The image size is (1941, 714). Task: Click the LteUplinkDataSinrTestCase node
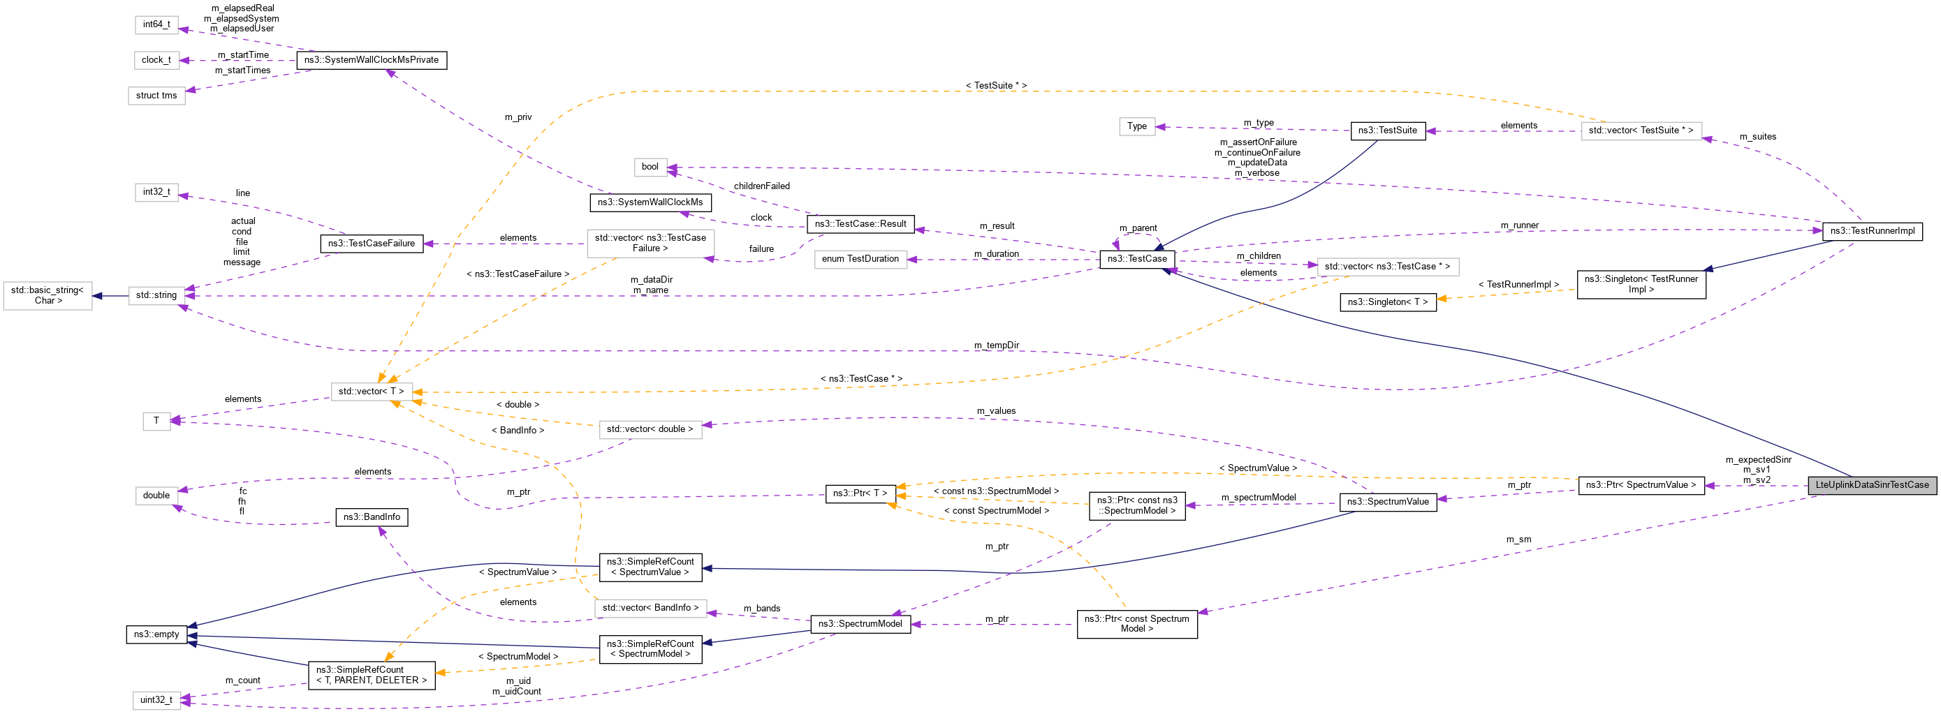[x=1872, y=485]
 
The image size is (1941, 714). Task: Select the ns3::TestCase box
[x=1136, y=259]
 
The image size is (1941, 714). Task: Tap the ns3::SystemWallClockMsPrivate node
[x=371, y=60]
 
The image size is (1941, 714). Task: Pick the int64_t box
[x=156, y=25]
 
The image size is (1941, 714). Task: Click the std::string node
[x=156, y=295]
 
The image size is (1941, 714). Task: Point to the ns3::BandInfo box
[x=372, y=517]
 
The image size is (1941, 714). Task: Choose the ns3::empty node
[x=156, y=635]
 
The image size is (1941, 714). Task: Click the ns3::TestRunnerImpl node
[x=1872, y=231]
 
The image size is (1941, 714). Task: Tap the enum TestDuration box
[x=860, y=259]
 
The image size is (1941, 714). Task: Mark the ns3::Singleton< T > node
[x=1387, y=302]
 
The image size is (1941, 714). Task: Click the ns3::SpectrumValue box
[x=1387, y=503]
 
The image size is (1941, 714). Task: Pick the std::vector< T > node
[x=371, y=392]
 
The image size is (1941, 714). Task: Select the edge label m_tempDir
[x=996, y=345]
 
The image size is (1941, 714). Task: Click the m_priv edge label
[x=518, y=117]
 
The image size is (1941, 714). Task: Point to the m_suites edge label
[x=1757, y=137]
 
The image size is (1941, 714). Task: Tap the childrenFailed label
[x=761, y=186]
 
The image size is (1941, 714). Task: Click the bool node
[x=650, y=168]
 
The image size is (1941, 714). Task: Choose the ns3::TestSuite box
[x=1387, y=131]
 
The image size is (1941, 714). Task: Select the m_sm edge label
[x=1518, y=540]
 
